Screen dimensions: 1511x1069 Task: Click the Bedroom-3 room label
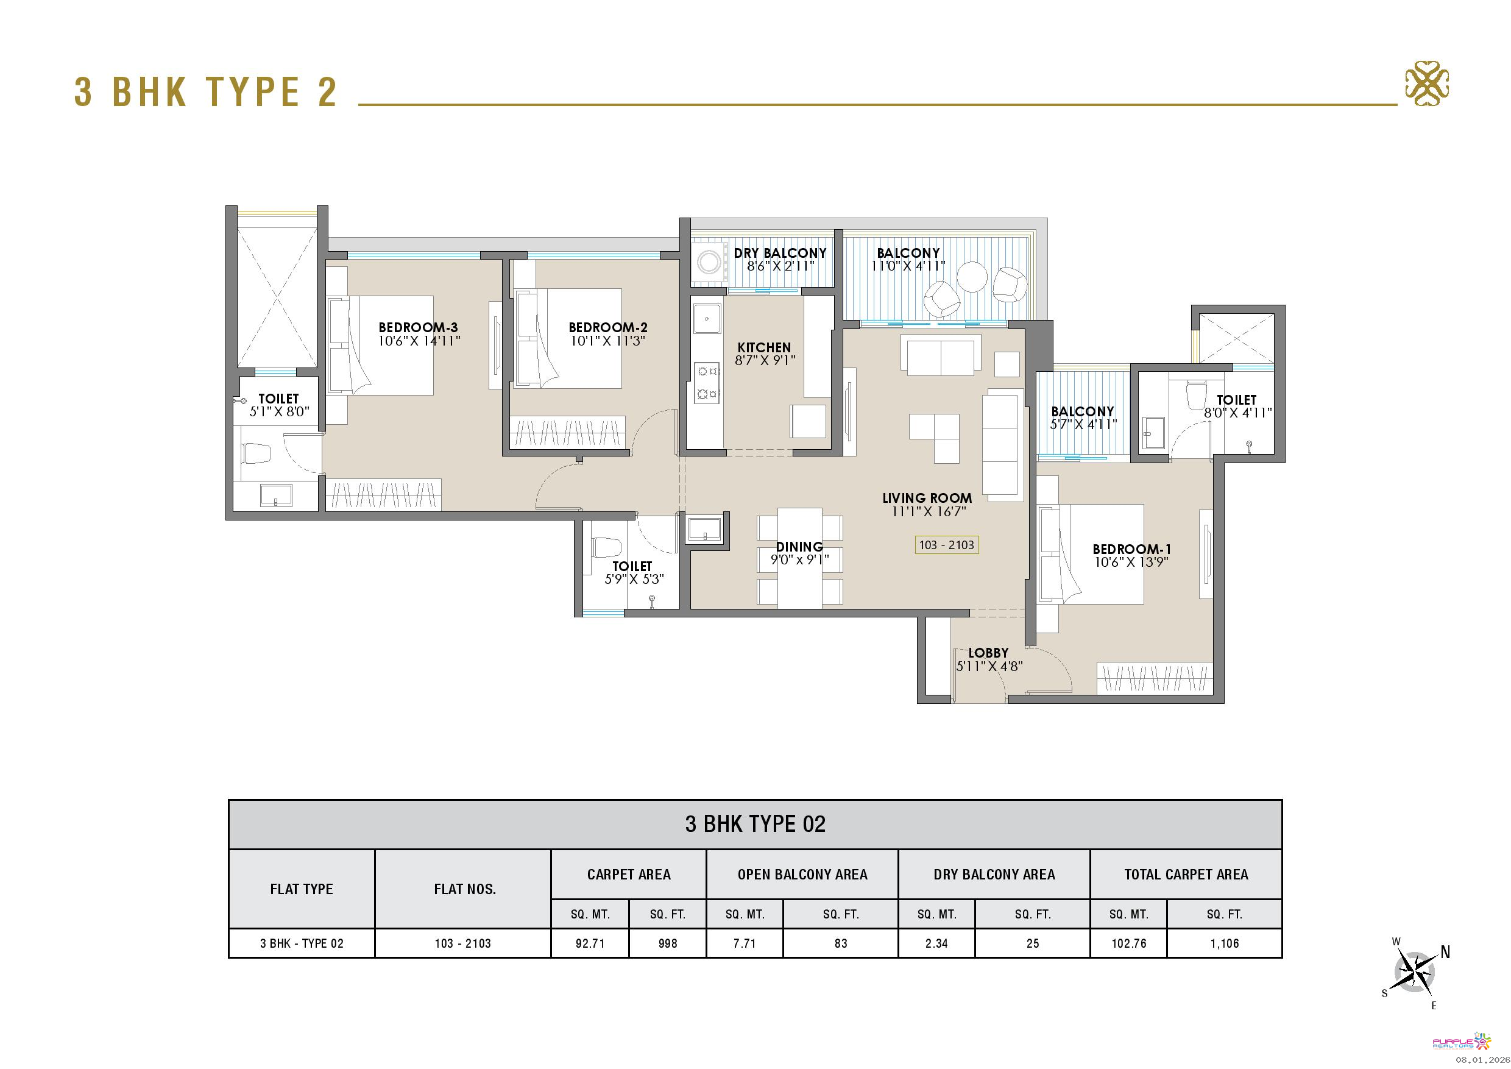point(418,327)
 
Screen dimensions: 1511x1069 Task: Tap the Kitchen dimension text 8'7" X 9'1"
point(765,360)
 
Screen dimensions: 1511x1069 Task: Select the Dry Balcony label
point(780,253)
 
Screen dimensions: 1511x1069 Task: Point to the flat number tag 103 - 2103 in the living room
point(946,545)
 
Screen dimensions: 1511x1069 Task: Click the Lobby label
point(988,653)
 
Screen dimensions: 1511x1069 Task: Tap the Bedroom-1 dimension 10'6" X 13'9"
point(1132,562)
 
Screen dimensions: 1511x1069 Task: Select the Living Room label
point(927,499)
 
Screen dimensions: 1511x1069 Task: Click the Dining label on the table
point(799,546)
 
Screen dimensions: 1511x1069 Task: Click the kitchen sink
point(707,319)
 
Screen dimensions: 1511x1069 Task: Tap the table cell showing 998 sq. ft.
point(667,943)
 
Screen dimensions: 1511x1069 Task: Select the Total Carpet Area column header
point(1186,874)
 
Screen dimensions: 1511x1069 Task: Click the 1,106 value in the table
point(1224,943)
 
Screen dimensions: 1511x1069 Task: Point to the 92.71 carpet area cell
point(590,943)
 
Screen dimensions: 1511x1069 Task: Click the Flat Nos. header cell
point(463,889)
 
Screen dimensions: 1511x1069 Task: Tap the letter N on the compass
point(1445,952)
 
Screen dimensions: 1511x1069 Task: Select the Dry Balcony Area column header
point(994,874)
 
